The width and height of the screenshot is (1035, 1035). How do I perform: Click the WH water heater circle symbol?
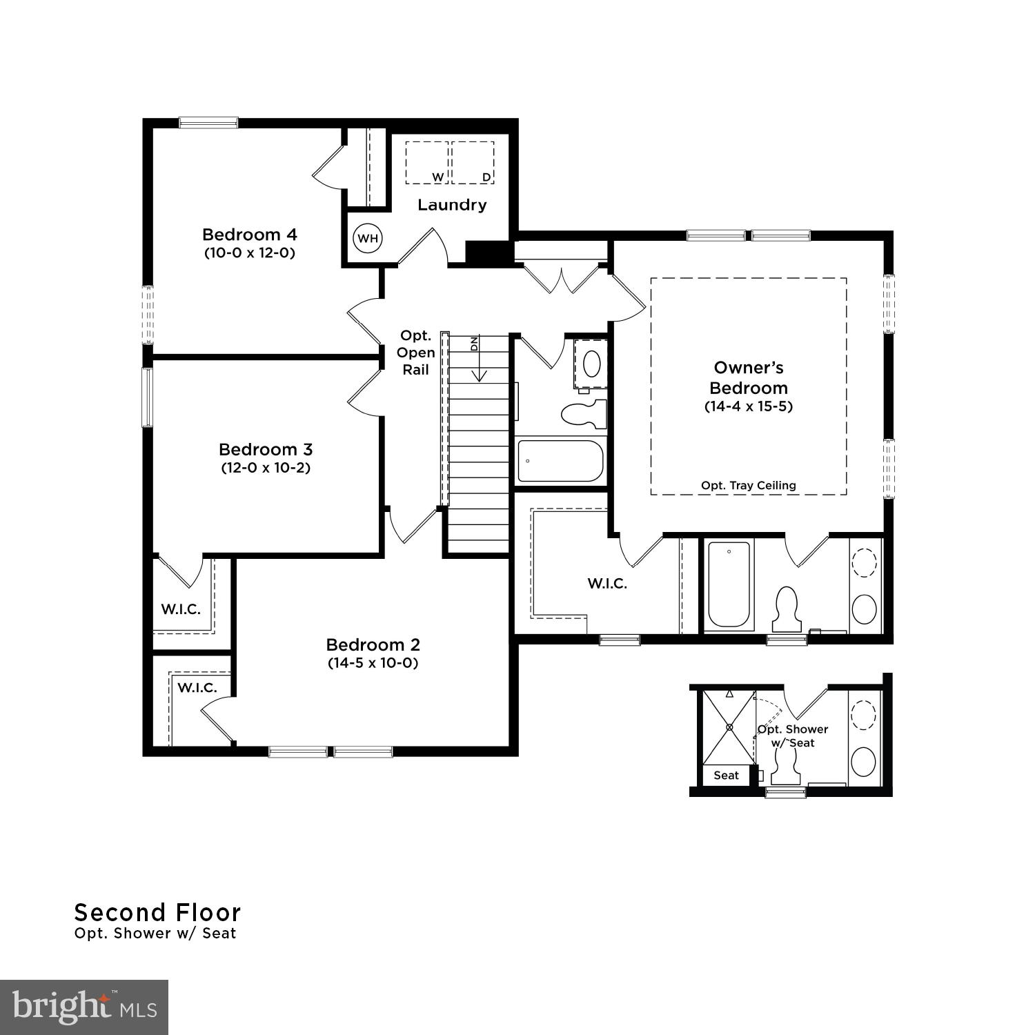click(x=368, y=238)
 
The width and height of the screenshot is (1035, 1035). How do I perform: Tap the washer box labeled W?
click(x=427, y=163)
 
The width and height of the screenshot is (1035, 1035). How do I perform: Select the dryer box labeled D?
click(x=473, y=163)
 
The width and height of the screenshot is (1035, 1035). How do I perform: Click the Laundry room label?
click(x=452, y=205)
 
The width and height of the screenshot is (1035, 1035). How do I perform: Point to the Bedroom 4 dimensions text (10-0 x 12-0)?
click(x=250, y=253)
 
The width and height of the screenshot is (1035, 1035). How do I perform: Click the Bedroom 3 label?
click(x=266, y=449)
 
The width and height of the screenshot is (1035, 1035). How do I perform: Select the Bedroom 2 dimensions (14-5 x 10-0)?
click(x=373, y=663)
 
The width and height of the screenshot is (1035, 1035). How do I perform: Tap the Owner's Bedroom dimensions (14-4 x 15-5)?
click(x=749, y=406)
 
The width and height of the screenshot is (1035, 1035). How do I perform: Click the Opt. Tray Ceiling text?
click(x=749, y=486)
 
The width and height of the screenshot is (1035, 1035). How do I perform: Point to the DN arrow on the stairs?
click(x=479, y=359)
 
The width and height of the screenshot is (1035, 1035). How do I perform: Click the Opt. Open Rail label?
click(x=416, y=353)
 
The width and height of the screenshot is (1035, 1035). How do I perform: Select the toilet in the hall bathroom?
click(x=583, y=414)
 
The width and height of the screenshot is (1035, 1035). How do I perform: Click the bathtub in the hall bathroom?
click(x=561, y=461)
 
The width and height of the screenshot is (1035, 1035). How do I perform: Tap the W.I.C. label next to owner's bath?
click(x=607, y=584)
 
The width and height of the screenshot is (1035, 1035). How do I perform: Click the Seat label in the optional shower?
click(x=726, y=776)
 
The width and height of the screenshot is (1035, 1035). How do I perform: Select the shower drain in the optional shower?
click(x=729, y=727)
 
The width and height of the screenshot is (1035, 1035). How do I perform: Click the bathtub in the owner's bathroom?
click(x=729, y=584)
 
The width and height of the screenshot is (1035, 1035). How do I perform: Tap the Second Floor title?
click(x=157, y=913)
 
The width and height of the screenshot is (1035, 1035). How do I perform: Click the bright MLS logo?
click(x=84, y=1007)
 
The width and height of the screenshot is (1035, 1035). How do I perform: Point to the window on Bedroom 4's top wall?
click(x=208, y=123)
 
